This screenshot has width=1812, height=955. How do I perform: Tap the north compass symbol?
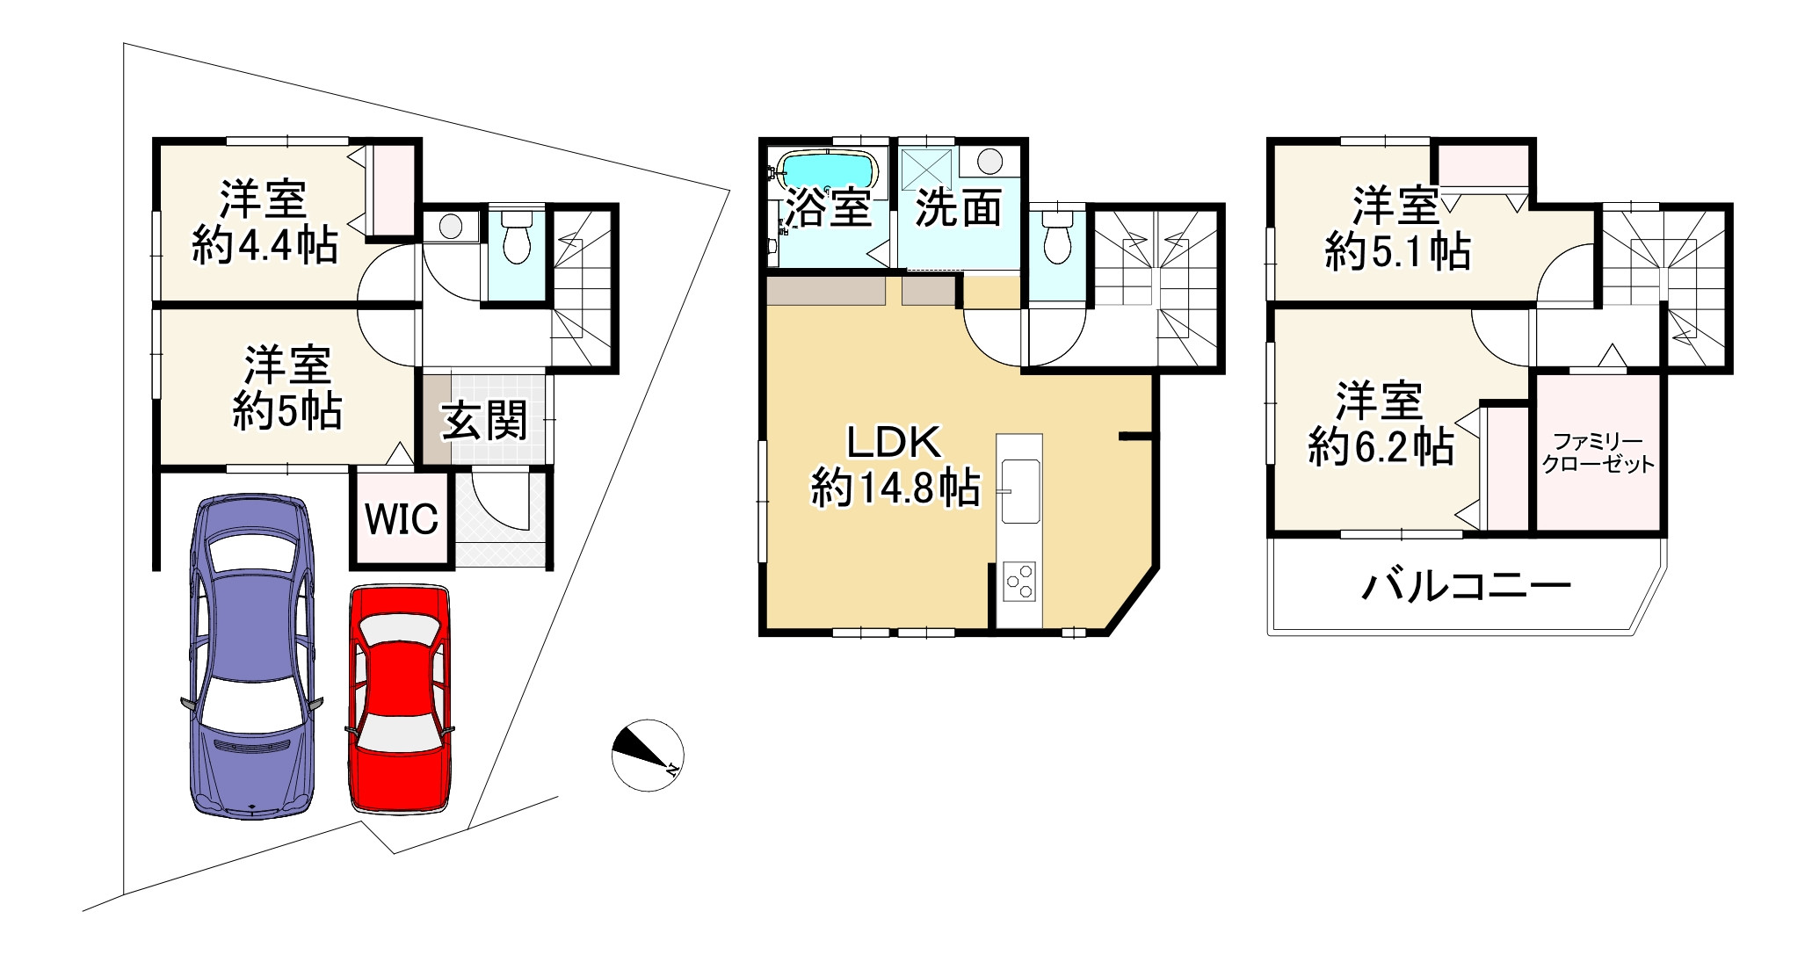648,755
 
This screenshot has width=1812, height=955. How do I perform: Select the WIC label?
401,519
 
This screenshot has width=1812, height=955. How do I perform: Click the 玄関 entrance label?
484,421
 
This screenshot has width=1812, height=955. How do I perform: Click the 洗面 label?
958,208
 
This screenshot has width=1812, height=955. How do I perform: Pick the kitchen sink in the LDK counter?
1019,489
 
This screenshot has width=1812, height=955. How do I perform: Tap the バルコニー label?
1465,586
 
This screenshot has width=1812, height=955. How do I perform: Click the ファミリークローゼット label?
1598,453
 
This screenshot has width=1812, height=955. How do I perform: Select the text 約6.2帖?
1380,449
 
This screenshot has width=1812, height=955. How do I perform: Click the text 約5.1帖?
1397,253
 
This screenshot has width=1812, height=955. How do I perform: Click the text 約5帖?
286,410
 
